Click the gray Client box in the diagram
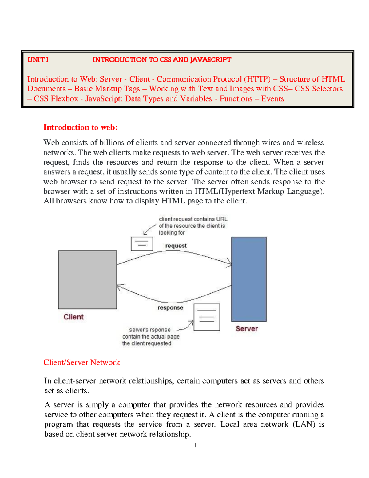click(x=87, y=279)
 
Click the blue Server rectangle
click(x=249, y=279)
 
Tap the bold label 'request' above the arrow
click(x=176, y=246)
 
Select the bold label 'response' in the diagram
click(x=170, y=307)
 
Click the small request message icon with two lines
click(x=142, y=244)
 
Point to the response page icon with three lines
click(x=207, y=317)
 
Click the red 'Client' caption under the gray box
click(x=73, y=317)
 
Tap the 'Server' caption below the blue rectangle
click(x=247, y=328)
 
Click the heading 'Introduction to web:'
click(x=81, y=127)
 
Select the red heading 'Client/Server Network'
click(x=81, y=362)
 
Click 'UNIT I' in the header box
click(x=38, y=60)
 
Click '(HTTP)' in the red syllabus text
click(x=257, y=79)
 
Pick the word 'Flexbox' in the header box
click(x=64, y=98)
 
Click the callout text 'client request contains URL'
click(x=193, y=219)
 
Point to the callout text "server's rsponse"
click(x=150, y=330)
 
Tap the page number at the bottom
click(x=196, y=445)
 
